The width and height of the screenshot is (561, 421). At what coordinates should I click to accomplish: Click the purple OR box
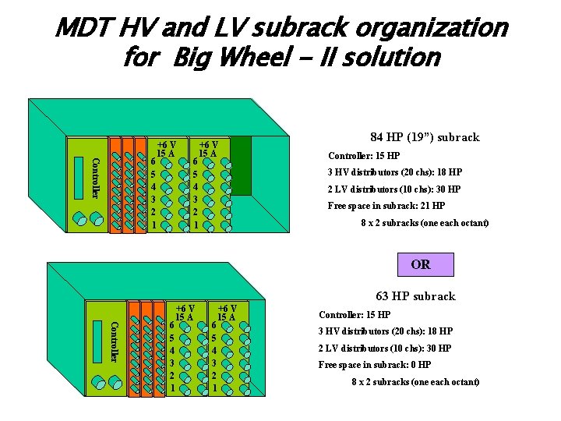(x=425, y=264)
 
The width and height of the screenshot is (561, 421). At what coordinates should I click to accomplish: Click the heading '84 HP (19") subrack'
(x=425, y=137)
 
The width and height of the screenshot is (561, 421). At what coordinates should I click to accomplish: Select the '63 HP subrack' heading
(x=415, y=296)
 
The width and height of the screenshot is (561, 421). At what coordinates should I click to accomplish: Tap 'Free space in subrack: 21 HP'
(x=386, y=206)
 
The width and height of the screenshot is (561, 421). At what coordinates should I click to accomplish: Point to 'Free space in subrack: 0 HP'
(x=375, y=365)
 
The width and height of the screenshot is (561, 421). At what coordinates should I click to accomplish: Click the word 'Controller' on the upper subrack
(x=95, y=178)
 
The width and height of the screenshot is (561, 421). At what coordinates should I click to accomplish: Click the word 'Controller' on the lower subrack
(x=115, y=341)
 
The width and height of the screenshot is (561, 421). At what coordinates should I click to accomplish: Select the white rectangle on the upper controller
(x=78, y=178)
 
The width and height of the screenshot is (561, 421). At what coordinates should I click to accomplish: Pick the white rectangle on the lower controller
(x=97, y=341)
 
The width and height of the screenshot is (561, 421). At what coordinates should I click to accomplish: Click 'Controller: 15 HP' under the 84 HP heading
(x=363, y=156)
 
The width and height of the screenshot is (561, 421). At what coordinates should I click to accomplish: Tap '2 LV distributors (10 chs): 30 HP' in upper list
(x=394, y=189)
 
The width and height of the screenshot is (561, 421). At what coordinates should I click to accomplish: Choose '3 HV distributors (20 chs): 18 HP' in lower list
(x=386, y=331)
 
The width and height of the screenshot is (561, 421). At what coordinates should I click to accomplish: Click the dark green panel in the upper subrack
(x=241, y=165)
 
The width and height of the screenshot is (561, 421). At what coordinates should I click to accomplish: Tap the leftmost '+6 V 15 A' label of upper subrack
(x=166, y=149)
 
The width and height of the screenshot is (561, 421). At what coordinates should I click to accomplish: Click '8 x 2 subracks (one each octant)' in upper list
(x=425, y=223)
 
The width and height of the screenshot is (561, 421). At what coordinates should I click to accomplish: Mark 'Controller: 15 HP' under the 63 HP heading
(x=355, y=315)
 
